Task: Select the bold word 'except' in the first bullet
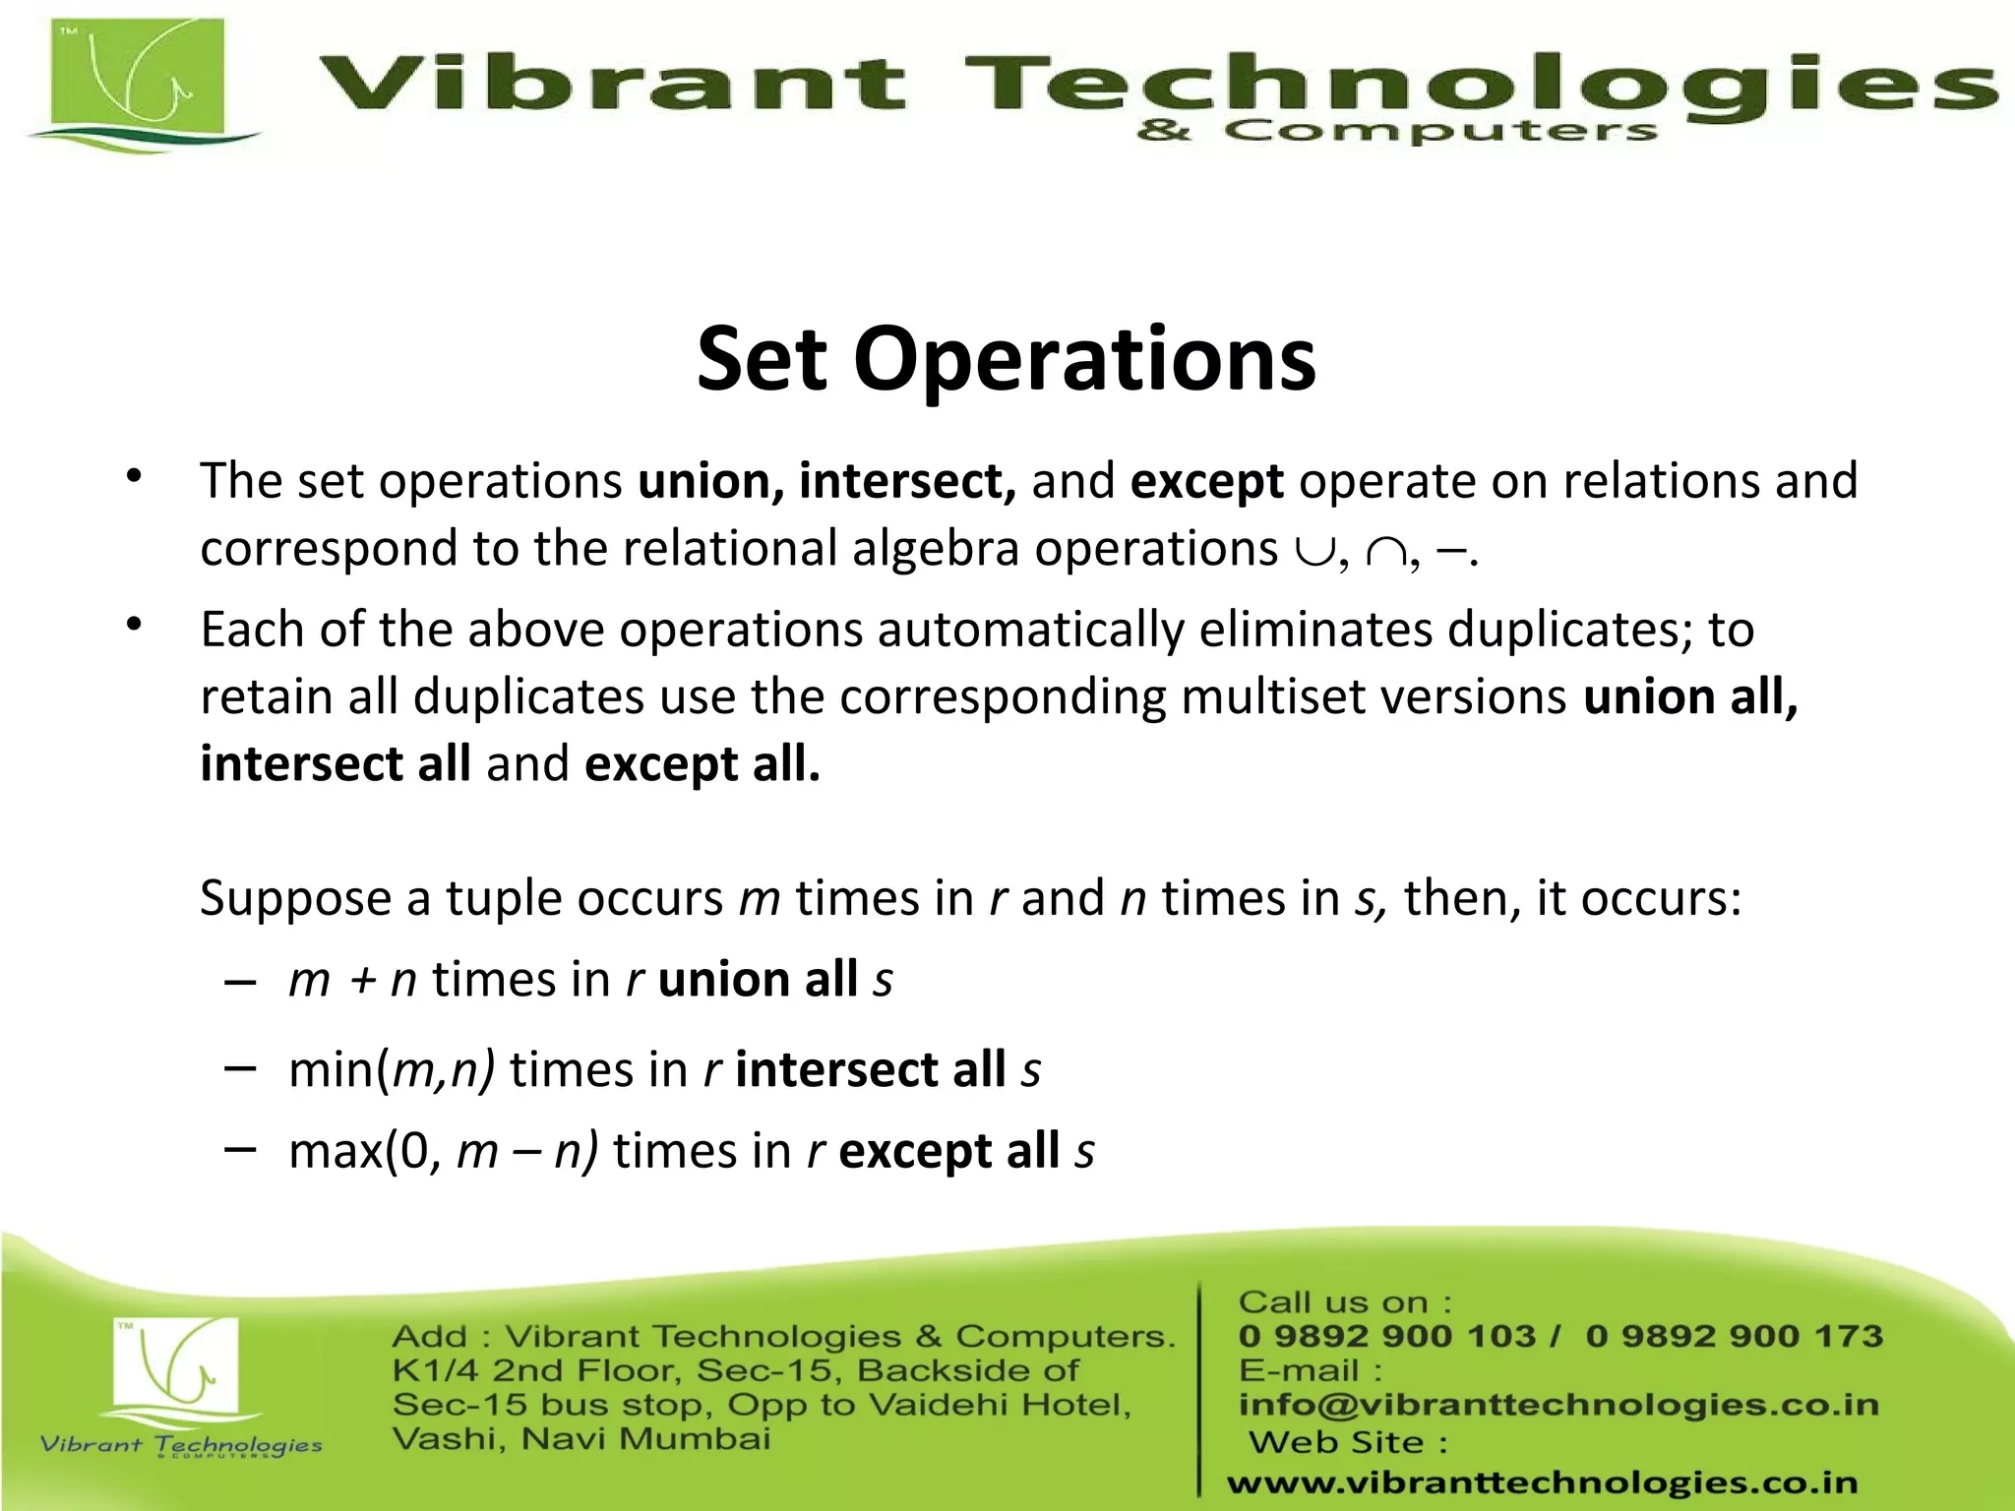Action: [1206, 482]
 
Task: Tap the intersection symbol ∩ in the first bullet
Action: [1385, 552]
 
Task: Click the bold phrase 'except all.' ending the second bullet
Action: [702, 764]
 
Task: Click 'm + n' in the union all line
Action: [352, 980]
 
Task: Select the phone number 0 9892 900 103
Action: [1385, 1336]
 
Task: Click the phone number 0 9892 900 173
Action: [1734, 1336]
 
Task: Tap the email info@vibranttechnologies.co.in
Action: [1558, 1404]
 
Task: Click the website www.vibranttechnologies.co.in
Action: [1542, 1482]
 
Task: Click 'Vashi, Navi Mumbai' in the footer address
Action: [581, 1439]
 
